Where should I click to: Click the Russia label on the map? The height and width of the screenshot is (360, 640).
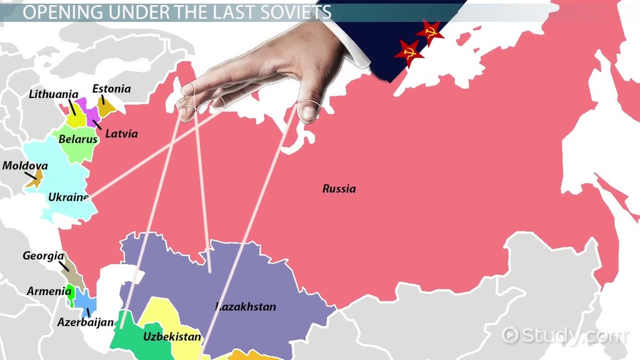tap(339, 188)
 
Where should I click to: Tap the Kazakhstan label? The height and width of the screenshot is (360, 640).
tap(246, 306)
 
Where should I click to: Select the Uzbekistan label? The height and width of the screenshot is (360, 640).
tap(172, 337)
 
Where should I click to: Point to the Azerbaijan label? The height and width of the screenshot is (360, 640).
tap(86, 322)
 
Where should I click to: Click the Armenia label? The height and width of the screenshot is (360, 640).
tap(49, 291)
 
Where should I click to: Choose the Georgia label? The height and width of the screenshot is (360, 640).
tap(43, 256)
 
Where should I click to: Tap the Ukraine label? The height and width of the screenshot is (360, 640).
tap(69, 197)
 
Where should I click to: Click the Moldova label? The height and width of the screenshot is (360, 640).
tap(25, 166)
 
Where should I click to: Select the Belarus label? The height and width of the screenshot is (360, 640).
tap(78, 139)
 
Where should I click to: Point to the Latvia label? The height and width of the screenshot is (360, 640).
tap(121, 133)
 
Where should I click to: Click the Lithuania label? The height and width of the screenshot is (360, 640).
tap(54, 94)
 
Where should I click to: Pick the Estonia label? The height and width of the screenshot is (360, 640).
tap(111, 89)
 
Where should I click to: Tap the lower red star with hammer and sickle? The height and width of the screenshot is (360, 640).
tap(409, 53)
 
